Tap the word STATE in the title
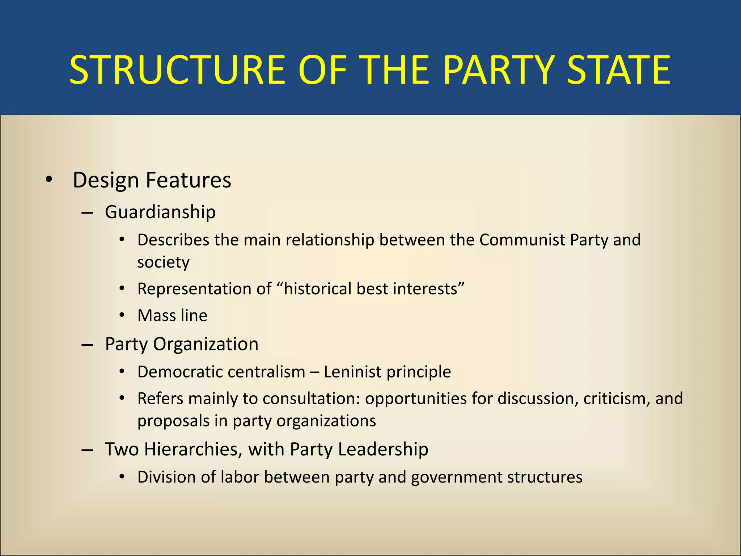tap(618, 70)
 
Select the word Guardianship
tap(160, 212)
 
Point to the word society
tap(163, 262)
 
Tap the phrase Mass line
tap(172, 316)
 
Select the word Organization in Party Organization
tap(206, 344)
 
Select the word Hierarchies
tap(193, 449)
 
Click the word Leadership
tap(383, 449)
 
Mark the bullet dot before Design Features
tap(49, 180)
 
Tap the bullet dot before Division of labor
tap(122, 477)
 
